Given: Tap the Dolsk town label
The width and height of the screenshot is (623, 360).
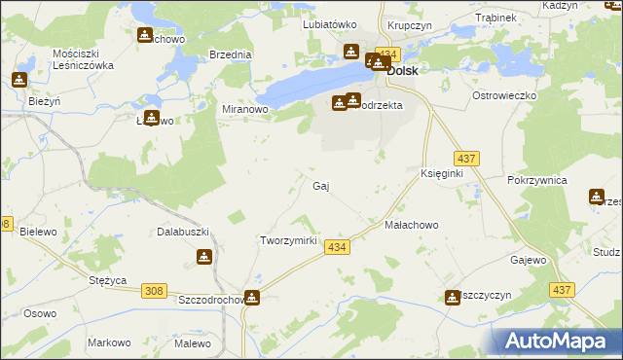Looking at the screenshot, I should (x=403, y=71).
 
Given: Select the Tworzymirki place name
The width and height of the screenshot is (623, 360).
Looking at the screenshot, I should (x=289, y=240).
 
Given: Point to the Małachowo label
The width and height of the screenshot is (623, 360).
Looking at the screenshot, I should (x=412, y=225).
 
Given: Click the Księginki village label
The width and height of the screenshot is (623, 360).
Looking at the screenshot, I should (x=441, y=172).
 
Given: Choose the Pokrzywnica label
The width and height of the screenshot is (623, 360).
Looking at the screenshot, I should (x=536, y=181).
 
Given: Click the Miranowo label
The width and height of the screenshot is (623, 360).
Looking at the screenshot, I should (x=245, y=110).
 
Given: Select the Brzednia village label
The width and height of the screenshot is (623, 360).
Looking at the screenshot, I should (x=230, y=55).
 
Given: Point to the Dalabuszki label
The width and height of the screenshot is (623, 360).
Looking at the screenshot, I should (x=183, y=233).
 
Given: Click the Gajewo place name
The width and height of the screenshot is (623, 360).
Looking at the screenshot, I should (x=529, y=261).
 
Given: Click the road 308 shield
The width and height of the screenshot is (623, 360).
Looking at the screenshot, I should (x=154, y=290).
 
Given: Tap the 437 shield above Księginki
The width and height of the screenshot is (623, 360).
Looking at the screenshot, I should (x=465, y=158).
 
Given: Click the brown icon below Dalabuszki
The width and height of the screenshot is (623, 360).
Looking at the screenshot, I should (x=204, y=257).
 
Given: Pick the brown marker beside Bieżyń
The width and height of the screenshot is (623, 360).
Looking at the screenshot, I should (x=18, y=80).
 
